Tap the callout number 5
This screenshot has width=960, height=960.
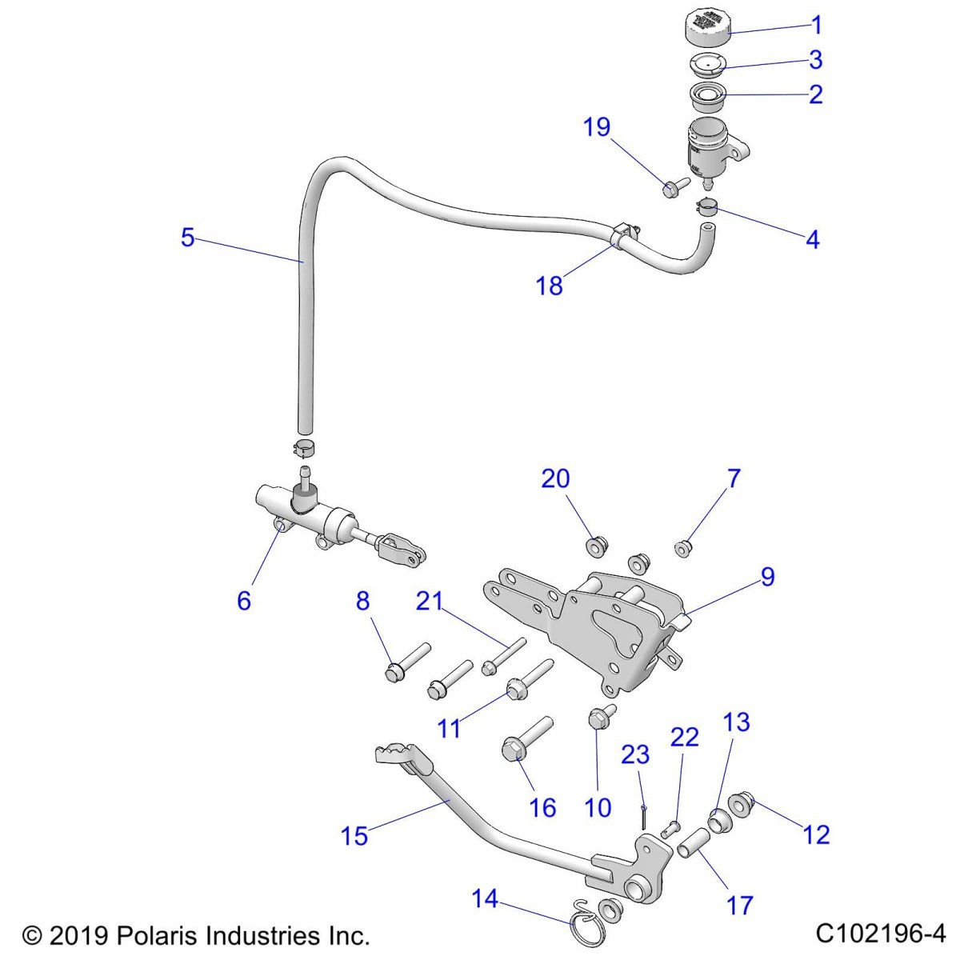point(187,238)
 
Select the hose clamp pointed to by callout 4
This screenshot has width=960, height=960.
point(706,208)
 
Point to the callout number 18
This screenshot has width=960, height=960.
point(550,286)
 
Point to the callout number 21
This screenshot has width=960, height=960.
point(429,600)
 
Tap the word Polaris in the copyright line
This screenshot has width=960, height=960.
point(162,934)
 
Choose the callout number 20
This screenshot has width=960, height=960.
point(555,478)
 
